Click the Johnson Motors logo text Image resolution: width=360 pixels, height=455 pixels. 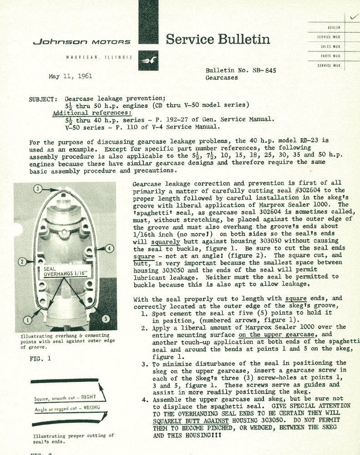(81, 42)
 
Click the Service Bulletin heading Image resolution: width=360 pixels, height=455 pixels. (218, 40)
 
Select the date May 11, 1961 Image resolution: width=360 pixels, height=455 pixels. (70, 76)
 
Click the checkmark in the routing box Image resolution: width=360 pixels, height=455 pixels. (351, 17)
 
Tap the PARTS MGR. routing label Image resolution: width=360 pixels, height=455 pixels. (331, 56)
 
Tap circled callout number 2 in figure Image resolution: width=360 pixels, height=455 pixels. (21, 262)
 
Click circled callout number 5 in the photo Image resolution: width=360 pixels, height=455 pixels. (105, 318)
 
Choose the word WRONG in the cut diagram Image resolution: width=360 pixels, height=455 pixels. (91, 408)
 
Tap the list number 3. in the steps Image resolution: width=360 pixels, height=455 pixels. (144, 363)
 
